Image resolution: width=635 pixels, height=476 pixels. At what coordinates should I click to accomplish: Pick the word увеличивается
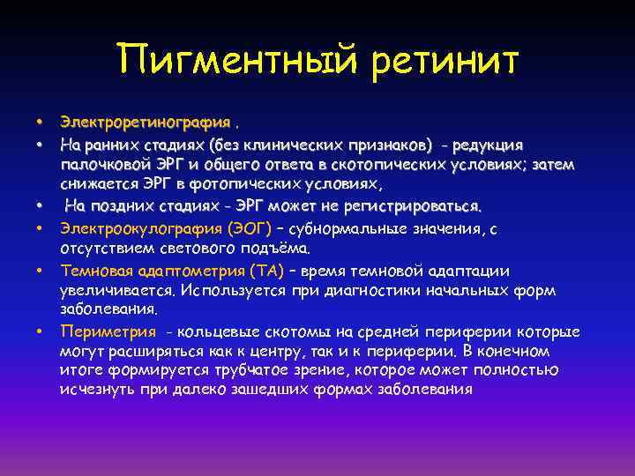tap(111, 291)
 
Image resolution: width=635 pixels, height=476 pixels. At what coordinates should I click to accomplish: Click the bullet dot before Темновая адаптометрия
tap(40, 271)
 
